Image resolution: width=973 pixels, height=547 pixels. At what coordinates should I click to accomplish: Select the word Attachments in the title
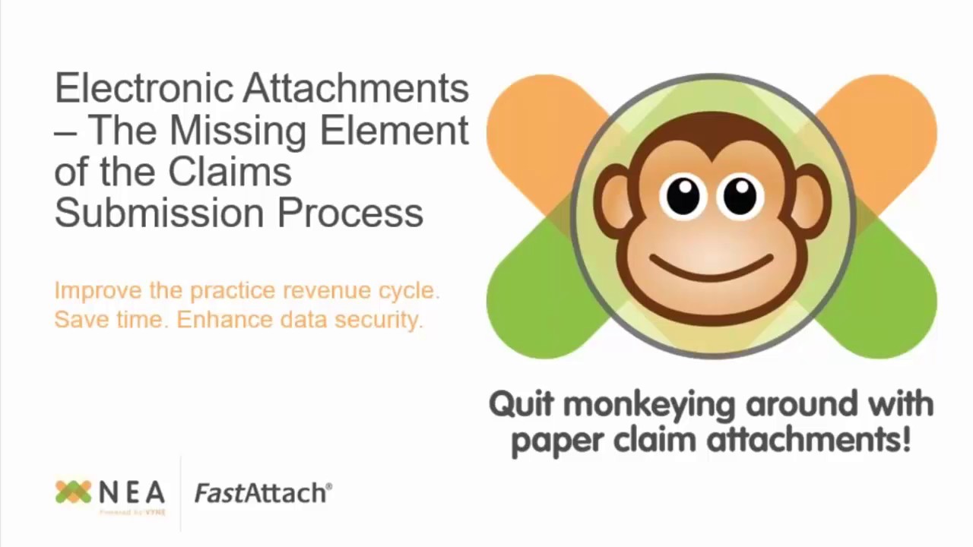(x=356, y=89)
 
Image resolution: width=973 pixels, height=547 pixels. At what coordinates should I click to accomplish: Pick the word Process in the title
(x=350, y=213)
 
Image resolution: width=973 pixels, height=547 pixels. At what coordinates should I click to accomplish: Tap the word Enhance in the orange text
(x=224, y=320)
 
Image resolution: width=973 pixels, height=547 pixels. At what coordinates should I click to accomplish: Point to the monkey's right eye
(x=740, y=196)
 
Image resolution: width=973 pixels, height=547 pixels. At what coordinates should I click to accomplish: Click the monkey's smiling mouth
(x=711, y=268)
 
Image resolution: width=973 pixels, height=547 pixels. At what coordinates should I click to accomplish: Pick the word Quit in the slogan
(x=521, y=403)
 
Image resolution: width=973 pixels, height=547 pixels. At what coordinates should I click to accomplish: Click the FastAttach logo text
(x=263, y=493)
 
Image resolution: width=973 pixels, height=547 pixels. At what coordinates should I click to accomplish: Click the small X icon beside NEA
(x=73, y=492)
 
